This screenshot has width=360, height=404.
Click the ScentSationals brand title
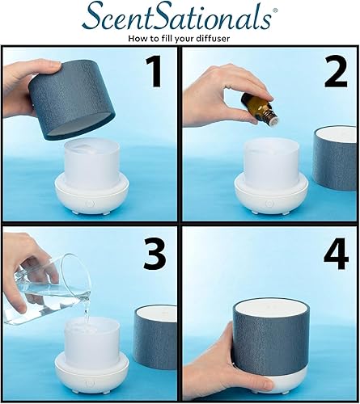[x=180, y=16]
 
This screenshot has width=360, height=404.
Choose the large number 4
[x=332, y=257]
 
